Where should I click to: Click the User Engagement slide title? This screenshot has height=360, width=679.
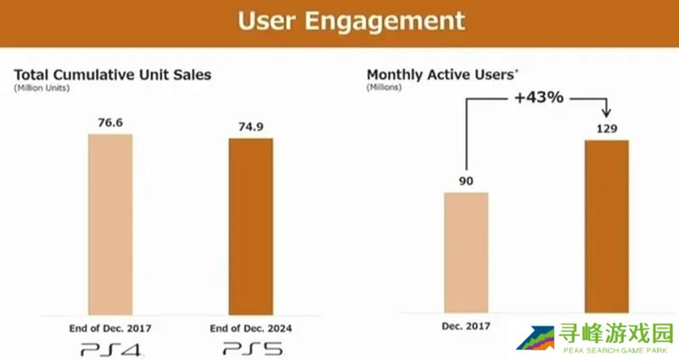coord(351,24)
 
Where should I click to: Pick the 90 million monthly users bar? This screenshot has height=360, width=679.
coord(466,253)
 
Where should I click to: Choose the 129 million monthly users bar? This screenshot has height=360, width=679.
coord(606,227)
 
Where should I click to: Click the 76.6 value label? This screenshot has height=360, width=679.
coord(110,122)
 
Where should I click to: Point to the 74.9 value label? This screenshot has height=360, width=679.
coord(250,127)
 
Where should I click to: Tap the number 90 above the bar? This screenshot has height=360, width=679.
coord(466,181)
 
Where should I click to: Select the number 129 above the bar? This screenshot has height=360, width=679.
coord(606,129)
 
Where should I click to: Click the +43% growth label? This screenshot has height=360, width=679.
coord(538,98)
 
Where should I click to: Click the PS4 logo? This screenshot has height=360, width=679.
coord(110,348)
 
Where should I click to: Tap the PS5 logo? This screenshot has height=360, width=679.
coord(250,348)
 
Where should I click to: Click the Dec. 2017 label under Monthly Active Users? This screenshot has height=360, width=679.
coord(466,325)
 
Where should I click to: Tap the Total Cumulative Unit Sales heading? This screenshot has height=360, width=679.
coord(112,75)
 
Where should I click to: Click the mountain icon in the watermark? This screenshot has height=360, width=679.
coord(535,339)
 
